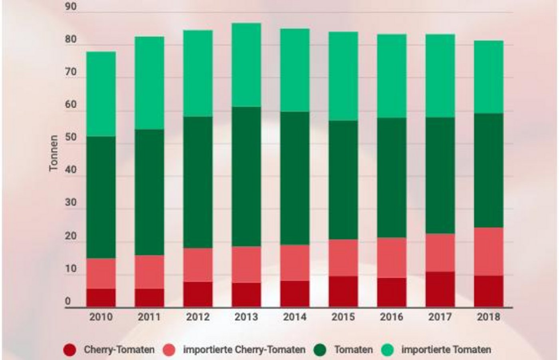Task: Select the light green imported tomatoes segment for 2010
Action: pos(101,94)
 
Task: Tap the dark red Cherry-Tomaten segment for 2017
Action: pos(440,289)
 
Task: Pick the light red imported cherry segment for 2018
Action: pos(488,251)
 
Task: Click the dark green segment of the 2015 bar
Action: pos(343,180)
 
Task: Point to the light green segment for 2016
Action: pos(392,76)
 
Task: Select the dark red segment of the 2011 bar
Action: pos(149,298)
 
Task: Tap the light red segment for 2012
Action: pos(198,265)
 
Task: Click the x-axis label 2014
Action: pos(295,317)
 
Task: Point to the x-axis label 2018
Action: pos(488,317)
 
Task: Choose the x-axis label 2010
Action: pos(101,317)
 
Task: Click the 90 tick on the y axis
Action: pos(70,7)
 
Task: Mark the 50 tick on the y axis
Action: pos(70,137)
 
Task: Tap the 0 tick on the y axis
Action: pos(68,301)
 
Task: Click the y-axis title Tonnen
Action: pos(54,153)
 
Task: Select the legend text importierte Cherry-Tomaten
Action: pos(244,350)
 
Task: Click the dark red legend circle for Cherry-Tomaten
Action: pos(70,350)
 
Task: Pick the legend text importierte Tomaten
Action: pos(446,350)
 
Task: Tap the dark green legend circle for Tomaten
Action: pos(320,350)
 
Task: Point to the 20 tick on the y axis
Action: pos(70,236)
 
